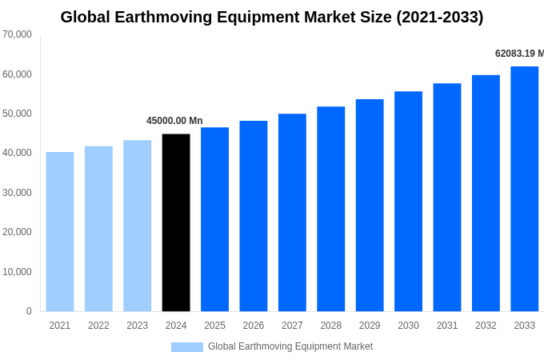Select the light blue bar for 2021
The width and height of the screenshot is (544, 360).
point(60,232)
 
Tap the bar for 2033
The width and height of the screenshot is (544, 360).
point(524,189)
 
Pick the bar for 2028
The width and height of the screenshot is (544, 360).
point(330,209)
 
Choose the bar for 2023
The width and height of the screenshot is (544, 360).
point(137,226)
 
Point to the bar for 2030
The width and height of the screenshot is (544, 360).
point(408,202)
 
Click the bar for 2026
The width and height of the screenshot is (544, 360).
point(254,216)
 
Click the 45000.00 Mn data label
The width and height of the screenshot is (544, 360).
point(174,121)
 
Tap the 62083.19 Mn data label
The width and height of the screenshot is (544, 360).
point(518,54)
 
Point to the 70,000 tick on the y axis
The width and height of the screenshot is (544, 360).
point(17,34)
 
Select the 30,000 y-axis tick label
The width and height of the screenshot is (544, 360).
point(17,193)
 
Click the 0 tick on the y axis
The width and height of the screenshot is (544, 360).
point(29,311)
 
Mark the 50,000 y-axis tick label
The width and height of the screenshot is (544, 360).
point(17,114)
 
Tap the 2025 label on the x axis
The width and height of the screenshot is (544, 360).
point(214,326)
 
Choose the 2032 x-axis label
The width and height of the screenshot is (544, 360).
point(486,326)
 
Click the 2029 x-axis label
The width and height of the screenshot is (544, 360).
point(370,326)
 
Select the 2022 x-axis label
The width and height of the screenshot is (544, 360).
point(98,326)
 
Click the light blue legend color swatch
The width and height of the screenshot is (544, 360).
point(186,347)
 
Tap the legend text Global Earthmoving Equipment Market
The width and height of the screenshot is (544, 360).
point(290,346)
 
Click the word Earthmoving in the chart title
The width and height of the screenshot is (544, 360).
point(168,17)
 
